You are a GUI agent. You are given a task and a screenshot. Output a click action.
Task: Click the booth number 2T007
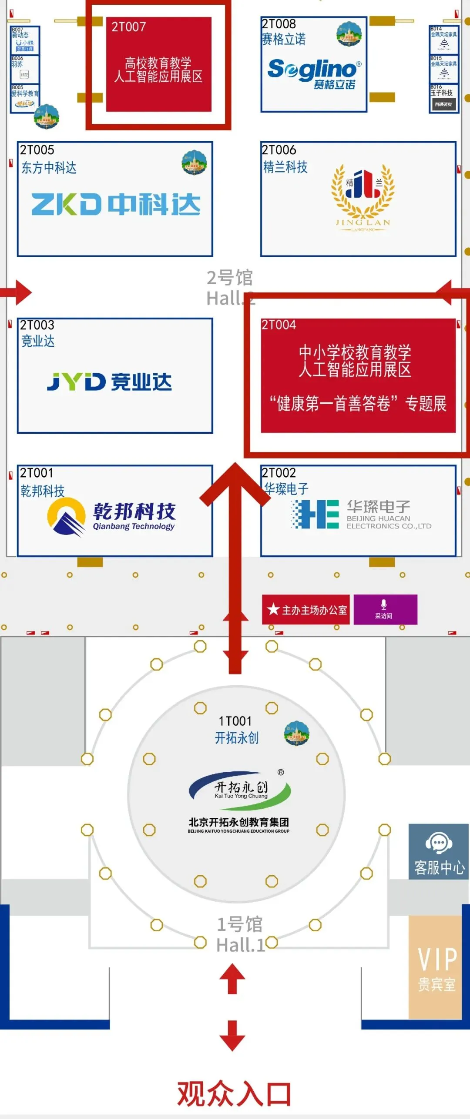[x=128, y=27]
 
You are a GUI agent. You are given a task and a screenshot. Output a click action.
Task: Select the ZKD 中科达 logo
[x=116, y=204]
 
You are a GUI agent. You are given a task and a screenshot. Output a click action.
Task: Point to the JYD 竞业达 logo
[x=109, y=382]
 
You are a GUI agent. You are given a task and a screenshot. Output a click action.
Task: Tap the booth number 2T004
[x=279, y=325]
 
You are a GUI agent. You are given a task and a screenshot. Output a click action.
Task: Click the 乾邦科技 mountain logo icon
[x=66, y=517]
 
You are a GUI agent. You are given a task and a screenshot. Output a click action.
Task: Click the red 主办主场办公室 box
[x=306, y=610]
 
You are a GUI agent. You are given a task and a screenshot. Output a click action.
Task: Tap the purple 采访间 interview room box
[x=385, y=609]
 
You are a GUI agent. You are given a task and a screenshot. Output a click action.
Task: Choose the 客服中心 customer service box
[x=438, y=852]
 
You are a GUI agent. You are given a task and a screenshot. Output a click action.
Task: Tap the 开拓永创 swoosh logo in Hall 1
[x=240, y=790]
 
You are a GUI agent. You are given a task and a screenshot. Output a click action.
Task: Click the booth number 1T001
[x=235, y=721]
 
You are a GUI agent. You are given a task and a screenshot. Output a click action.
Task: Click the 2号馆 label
[x=229, y=277]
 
